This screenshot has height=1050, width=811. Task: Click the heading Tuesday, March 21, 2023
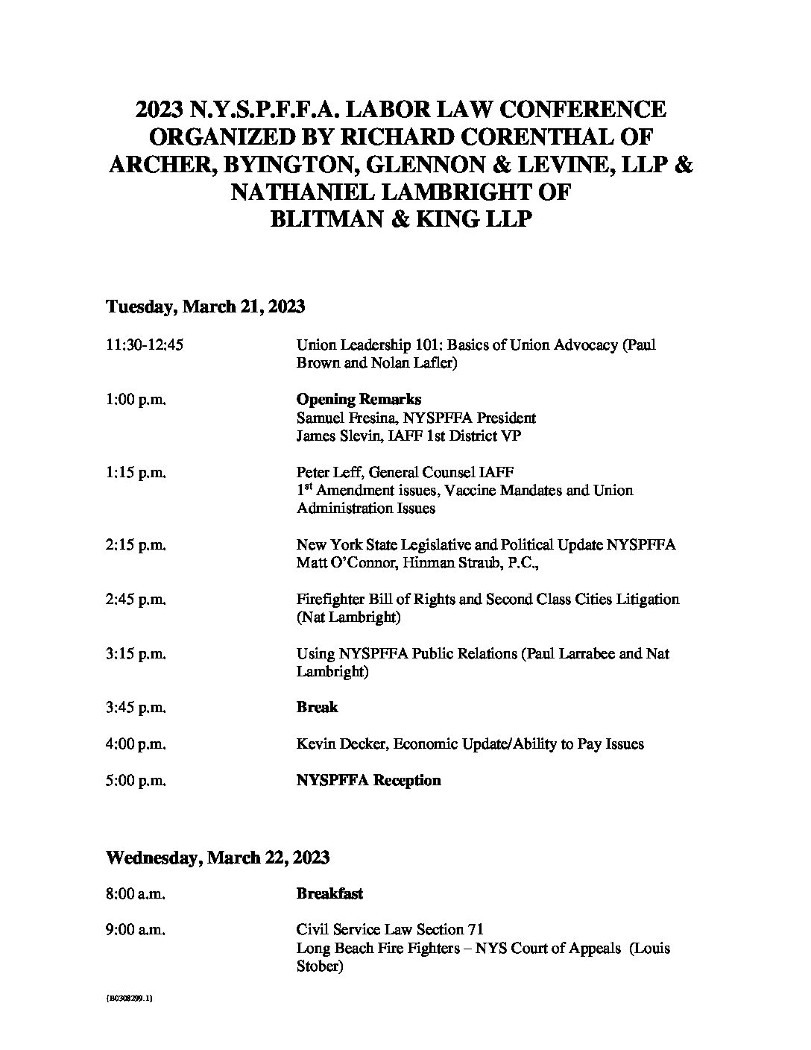point(206,306)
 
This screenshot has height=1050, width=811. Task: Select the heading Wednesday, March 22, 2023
point(218,858)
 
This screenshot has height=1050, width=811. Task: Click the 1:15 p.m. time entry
point(136,473)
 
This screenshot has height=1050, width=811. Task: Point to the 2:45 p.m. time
point(136,600)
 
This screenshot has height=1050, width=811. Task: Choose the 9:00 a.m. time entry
point(136,930)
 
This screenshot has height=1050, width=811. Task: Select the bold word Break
point(317,707)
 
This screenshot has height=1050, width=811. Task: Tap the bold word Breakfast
point(329,893)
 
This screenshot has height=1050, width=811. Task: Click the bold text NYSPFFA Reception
point(368,781)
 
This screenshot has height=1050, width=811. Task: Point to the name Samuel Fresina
point(341,418)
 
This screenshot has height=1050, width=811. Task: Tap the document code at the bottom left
point(130,999)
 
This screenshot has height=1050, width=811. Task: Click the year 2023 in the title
point(160,110)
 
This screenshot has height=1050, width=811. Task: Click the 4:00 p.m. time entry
point(136,744)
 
